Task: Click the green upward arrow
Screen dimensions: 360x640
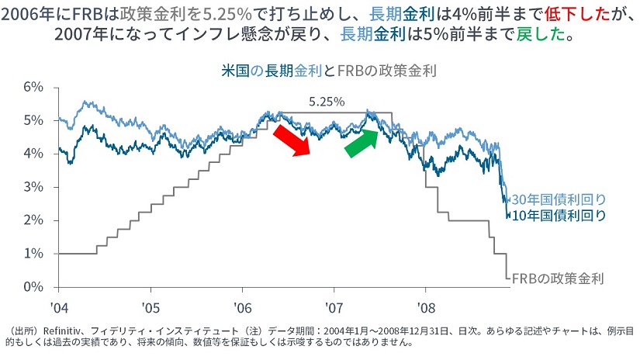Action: (x=361, y=141)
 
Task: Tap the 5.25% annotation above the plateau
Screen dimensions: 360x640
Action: (x=326, y=102)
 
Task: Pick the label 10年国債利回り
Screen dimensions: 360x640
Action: (x=558, y=216)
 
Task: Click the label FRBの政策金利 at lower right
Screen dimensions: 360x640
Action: (x=557, y=277)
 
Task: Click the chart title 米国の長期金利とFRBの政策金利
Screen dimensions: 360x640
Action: (x=327, y=71)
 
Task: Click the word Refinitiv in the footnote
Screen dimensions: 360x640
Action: (x=65, y=330)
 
